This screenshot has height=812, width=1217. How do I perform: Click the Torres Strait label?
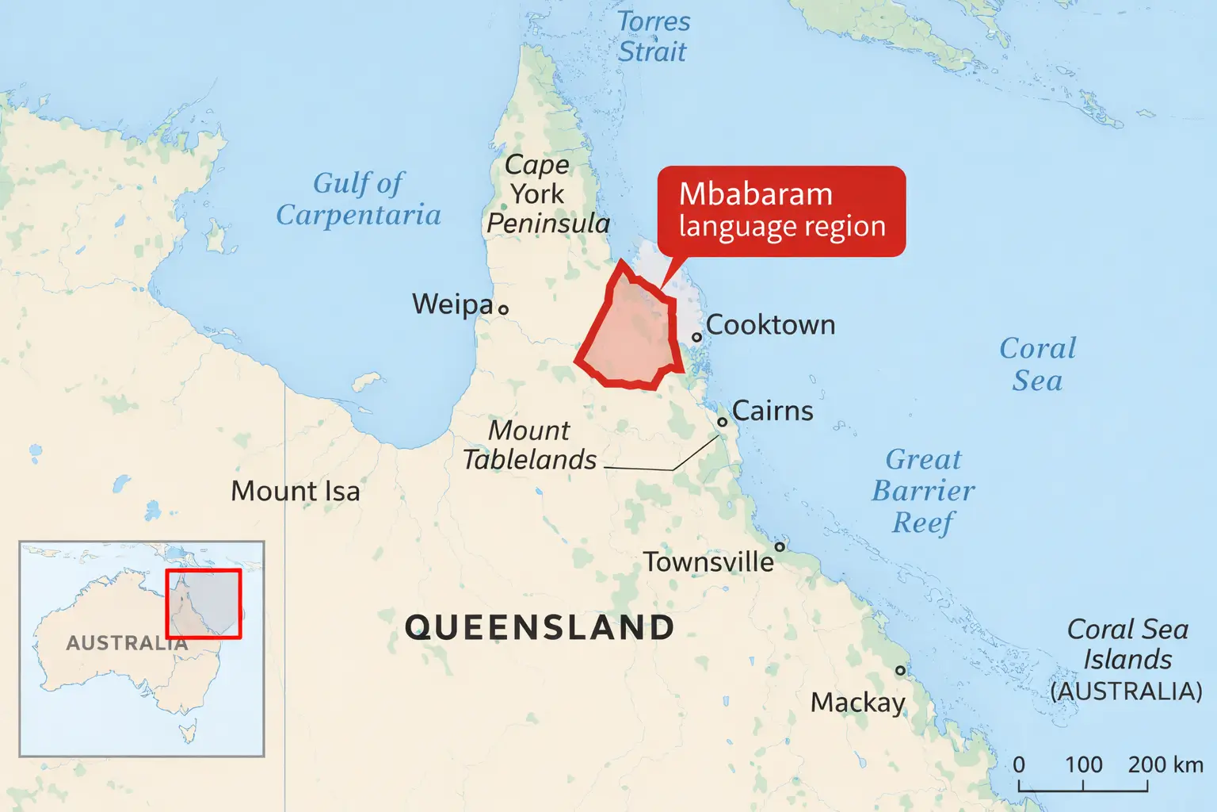(654, 36)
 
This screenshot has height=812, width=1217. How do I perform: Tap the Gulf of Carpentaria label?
(358, 199)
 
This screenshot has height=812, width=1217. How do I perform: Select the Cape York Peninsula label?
(547, 194)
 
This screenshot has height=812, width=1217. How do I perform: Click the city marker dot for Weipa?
(503, 309)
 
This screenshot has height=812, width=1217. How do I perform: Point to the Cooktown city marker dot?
(697, 337)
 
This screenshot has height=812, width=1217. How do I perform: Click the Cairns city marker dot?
(723, 422)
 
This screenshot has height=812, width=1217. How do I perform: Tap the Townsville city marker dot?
(780, 546)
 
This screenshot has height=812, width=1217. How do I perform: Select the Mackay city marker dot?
(900, 670)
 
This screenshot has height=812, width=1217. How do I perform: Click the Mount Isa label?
(295, 492)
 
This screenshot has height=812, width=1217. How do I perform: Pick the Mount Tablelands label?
(529, 445)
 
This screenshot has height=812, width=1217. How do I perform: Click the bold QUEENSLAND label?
(539, 627)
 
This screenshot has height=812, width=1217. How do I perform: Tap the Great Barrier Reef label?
(923, 491)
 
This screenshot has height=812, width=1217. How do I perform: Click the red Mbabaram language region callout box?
(781, 211)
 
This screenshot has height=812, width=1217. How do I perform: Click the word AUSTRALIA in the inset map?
(127, 643)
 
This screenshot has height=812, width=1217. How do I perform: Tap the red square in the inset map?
(204, 603)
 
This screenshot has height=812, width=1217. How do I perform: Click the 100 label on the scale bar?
(1083, 764)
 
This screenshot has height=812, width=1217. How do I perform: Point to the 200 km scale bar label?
(1165, 764)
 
